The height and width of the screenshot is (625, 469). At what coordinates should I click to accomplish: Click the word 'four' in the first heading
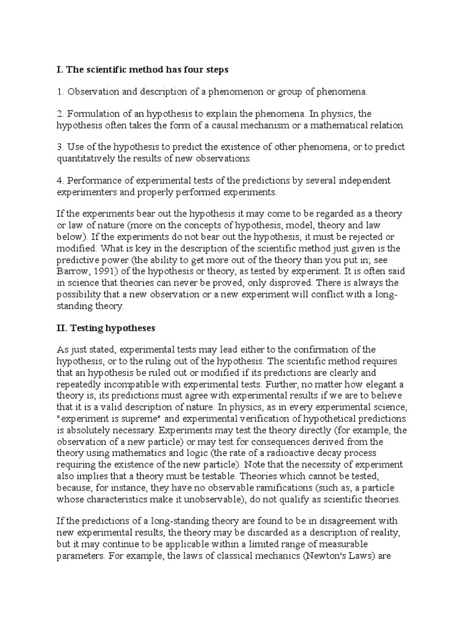186,70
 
